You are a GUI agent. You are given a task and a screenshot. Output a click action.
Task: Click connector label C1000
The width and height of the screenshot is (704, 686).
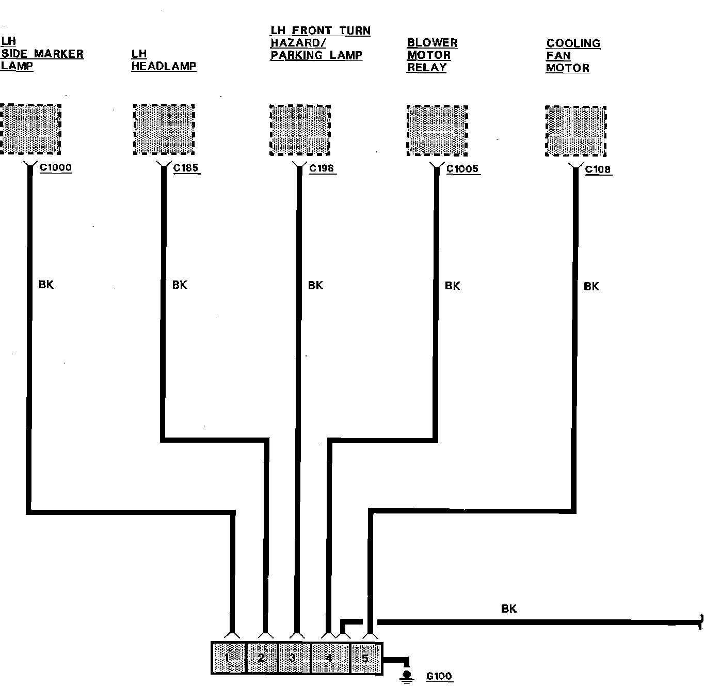pyautogui.click(x=55, y=167)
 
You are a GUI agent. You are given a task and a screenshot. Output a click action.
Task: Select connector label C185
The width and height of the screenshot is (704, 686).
pyautogui.click(x=186, y=168)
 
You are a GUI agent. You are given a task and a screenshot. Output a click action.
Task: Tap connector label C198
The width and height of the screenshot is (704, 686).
pyautogui.click(x=322, y=168)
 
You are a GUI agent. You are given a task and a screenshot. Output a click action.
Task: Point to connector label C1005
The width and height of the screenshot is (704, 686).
pyautogui.click(x=462, y=169)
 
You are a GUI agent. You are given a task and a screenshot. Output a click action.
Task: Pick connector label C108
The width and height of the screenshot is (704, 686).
pyautogui.click(x=598, y=169)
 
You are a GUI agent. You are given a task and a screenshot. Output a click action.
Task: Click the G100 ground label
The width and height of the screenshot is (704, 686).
pyautogui.click(x=439, y=676)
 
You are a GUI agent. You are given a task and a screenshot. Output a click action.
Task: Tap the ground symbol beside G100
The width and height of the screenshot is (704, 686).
pyautogui.click(x=407, y=676)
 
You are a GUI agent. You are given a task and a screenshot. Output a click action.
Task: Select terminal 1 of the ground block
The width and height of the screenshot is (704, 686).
pyautogui.click(x=228, y=658)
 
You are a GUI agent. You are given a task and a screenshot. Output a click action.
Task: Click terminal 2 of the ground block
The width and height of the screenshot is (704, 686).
pyautogui.click(x=261, y=658)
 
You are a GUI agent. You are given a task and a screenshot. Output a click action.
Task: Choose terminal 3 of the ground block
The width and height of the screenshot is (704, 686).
pyautogui.click(x=293, y=658)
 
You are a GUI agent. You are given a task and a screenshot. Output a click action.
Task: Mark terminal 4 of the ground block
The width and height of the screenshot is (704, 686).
pyautogui.click(x=329, y=658)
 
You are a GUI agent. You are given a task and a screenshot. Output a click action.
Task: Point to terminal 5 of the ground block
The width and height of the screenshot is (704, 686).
pyautogui.click(x=365, y=658)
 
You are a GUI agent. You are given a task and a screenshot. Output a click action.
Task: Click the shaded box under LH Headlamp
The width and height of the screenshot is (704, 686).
pyautogui.click(x=164, y=129)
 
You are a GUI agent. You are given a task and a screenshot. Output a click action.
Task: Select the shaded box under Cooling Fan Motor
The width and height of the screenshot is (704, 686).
pyautogui.click(x=575, y=131)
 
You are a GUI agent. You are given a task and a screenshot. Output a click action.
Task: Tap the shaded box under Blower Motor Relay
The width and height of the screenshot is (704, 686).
pyautogui.click(x=437, y=130)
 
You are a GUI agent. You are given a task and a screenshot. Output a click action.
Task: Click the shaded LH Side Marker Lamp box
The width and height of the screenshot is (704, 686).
pyautogui.click(x=30, y=129)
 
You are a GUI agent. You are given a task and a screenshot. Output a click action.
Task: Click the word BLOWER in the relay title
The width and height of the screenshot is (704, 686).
pyautogui.click(x=432, y=43)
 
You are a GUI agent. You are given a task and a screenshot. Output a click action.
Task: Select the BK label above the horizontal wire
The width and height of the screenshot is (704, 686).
pyautogui.click(x=509, y=609)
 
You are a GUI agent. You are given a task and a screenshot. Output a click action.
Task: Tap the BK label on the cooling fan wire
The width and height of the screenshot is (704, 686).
pyautogui.click(x=591, y=286)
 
